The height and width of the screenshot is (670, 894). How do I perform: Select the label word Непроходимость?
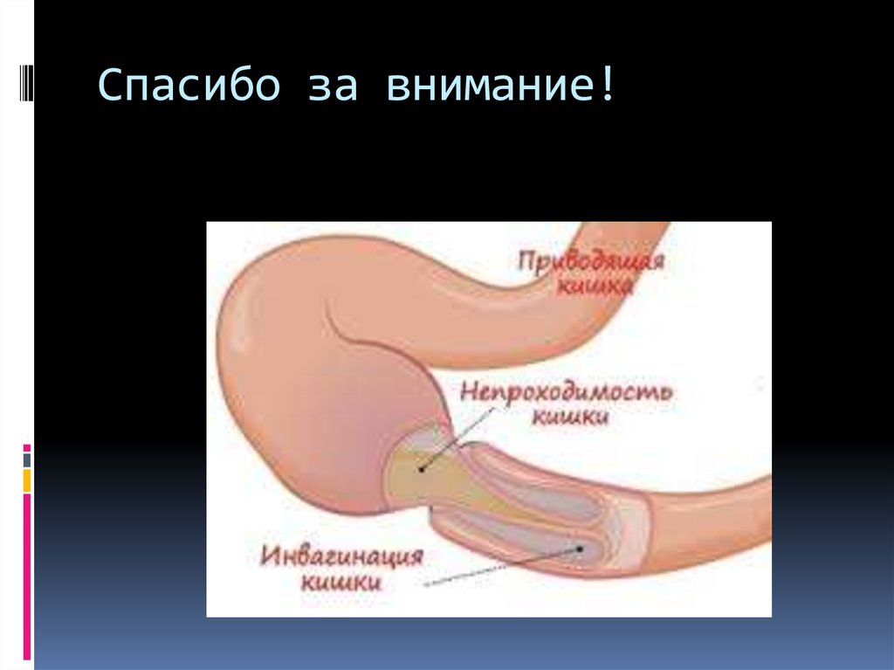(566, 391)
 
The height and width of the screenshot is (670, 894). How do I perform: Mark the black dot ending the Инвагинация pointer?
(579, 549)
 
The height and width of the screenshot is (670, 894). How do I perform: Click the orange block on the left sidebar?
(28, 480)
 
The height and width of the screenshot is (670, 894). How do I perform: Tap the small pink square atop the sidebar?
(28, 446)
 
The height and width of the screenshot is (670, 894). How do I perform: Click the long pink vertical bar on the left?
(28, 577)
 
